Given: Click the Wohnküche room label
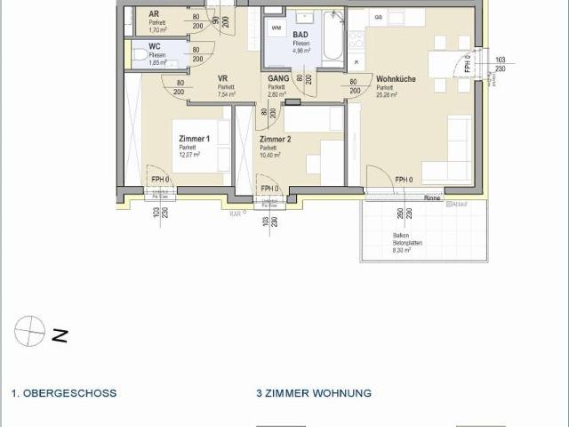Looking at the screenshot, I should pyautogui.click(x=396, y=79).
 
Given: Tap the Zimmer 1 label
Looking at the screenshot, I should pyautogui.click(x=194, y=139).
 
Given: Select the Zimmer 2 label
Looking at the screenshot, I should pyautogui.click(x=275, y=140).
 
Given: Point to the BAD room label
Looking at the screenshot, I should pyautogui.click(x=301, y=35).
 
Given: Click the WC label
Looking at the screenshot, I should pyautogui.click(x=155, y=45).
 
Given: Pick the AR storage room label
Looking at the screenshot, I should pyautogui.click(x=154, y=15).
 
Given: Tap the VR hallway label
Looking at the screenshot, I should pyautogui.click(x=223, y=79).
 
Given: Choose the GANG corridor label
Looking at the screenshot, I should pyautogui.click(x=276, y=79).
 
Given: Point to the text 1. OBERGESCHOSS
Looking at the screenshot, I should pyautogui.click(x=64, y=392).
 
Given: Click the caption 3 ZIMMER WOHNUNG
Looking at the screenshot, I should pyautogui.click(x=314, y=392).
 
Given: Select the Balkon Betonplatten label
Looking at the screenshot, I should pyautogui.click(x=408, y=241).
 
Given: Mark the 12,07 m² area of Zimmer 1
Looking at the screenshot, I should pyautogui.click(x=189, y=154).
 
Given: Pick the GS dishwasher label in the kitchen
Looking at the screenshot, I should pyautogui.click(x=378, y=18).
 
